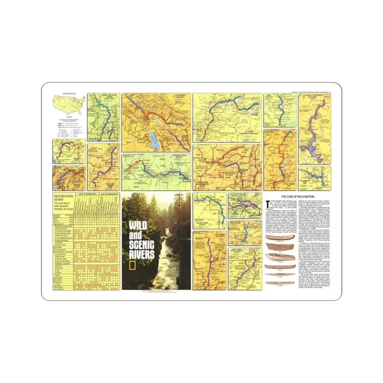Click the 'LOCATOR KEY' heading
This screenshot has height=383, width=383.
[69, 94]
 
